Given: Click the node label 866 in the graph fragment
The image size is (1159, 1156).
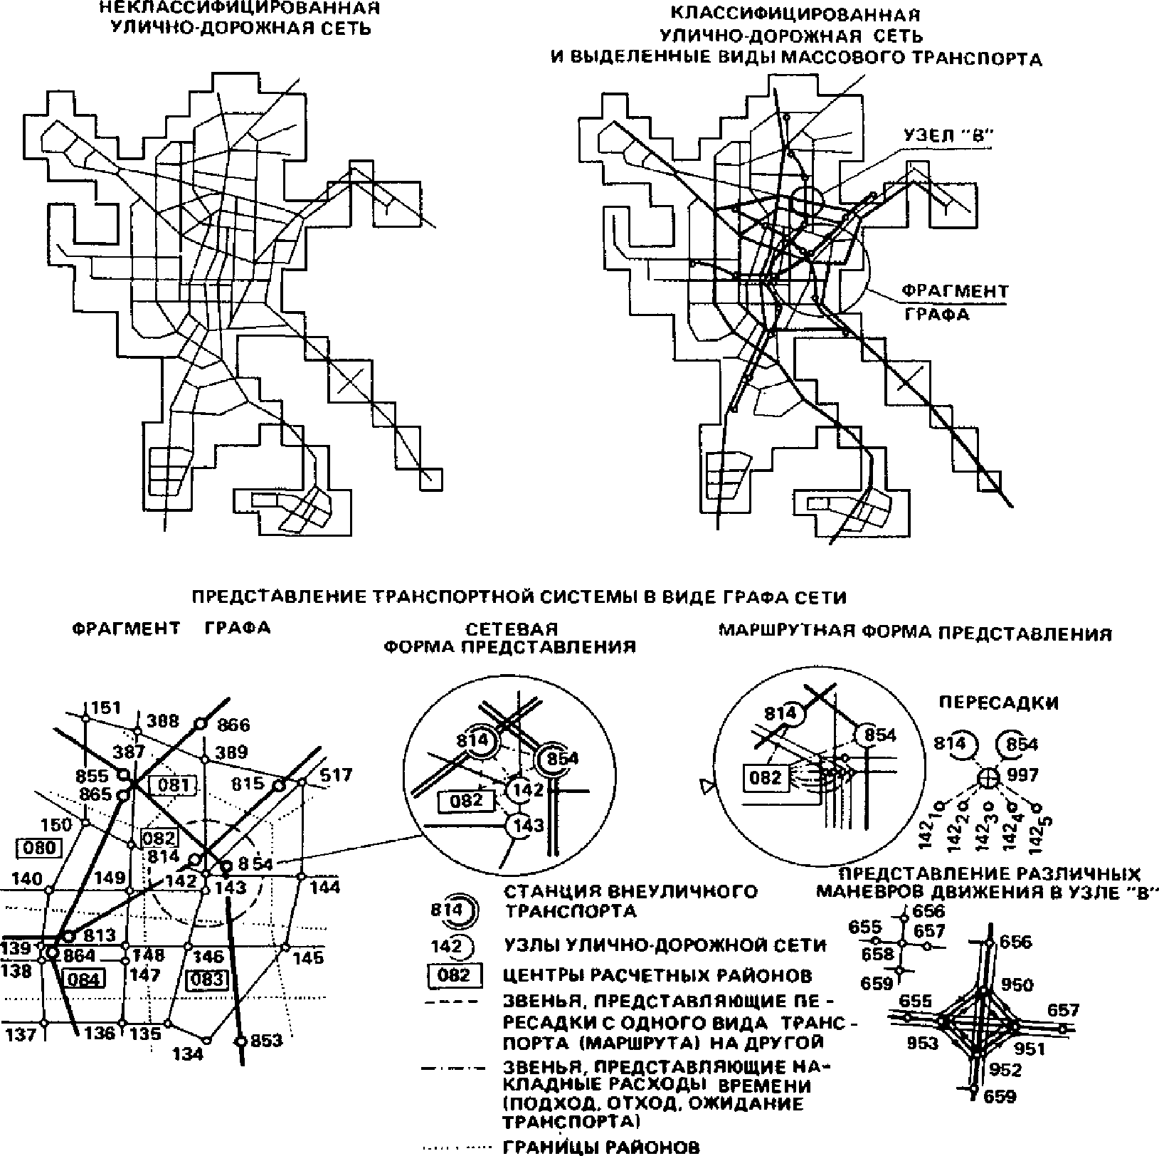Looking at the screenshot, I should coord(234,725).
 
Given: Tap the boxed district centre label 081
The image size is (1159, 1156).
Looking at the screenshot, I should coord(172,785).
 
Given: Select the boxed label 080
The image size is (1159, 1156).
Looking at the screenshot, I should coord(38,848).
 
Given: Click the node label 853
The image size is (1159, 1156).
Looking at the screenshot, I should coord(267,1041).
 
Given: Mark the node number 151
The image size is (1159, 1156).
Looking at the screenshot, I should coord(106,708).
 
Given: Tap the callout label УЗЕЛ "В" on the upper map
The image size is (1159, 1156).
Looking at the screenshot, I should coord(948,135).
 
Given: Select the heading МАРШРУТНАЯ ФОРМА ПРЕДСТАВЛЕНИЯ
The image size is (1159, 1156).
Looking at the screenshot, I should coord(915,633).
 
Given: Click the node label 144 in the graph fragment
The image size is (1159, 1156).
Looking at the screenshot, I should coord(324,887).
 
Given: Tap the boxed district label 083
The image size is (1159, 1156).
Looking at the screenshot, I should coord(208,979).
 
